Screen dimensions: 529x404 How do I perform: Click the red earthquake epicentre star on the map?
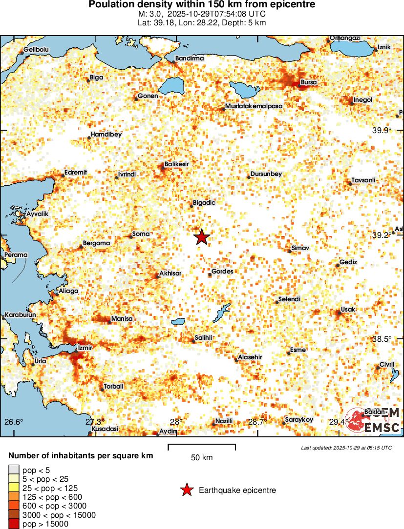point(202,237)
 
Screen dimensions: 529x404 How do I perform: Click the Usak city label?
point(348,310)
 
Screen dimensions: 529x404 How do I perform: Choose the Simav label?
point(300,248)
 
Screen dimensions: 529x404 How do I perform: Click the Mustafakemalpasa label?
point(254,106)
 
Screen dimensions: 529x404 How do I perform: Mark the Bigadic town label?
point(204,202)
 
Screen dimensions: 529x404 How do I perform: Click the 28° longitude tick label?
point(176,422)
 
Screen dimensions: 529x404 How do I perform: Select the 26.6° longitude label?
point(14,422)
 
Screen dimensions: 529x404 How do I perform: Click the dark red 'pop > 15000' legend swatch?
point(14,524)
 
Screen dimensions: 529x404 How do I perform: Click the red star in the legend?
point(186,490)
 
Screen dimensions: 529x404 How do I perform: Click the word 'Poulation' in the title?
point(110,4)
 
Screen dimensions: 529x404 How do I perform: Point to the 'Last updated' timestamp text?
point(346,447)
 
